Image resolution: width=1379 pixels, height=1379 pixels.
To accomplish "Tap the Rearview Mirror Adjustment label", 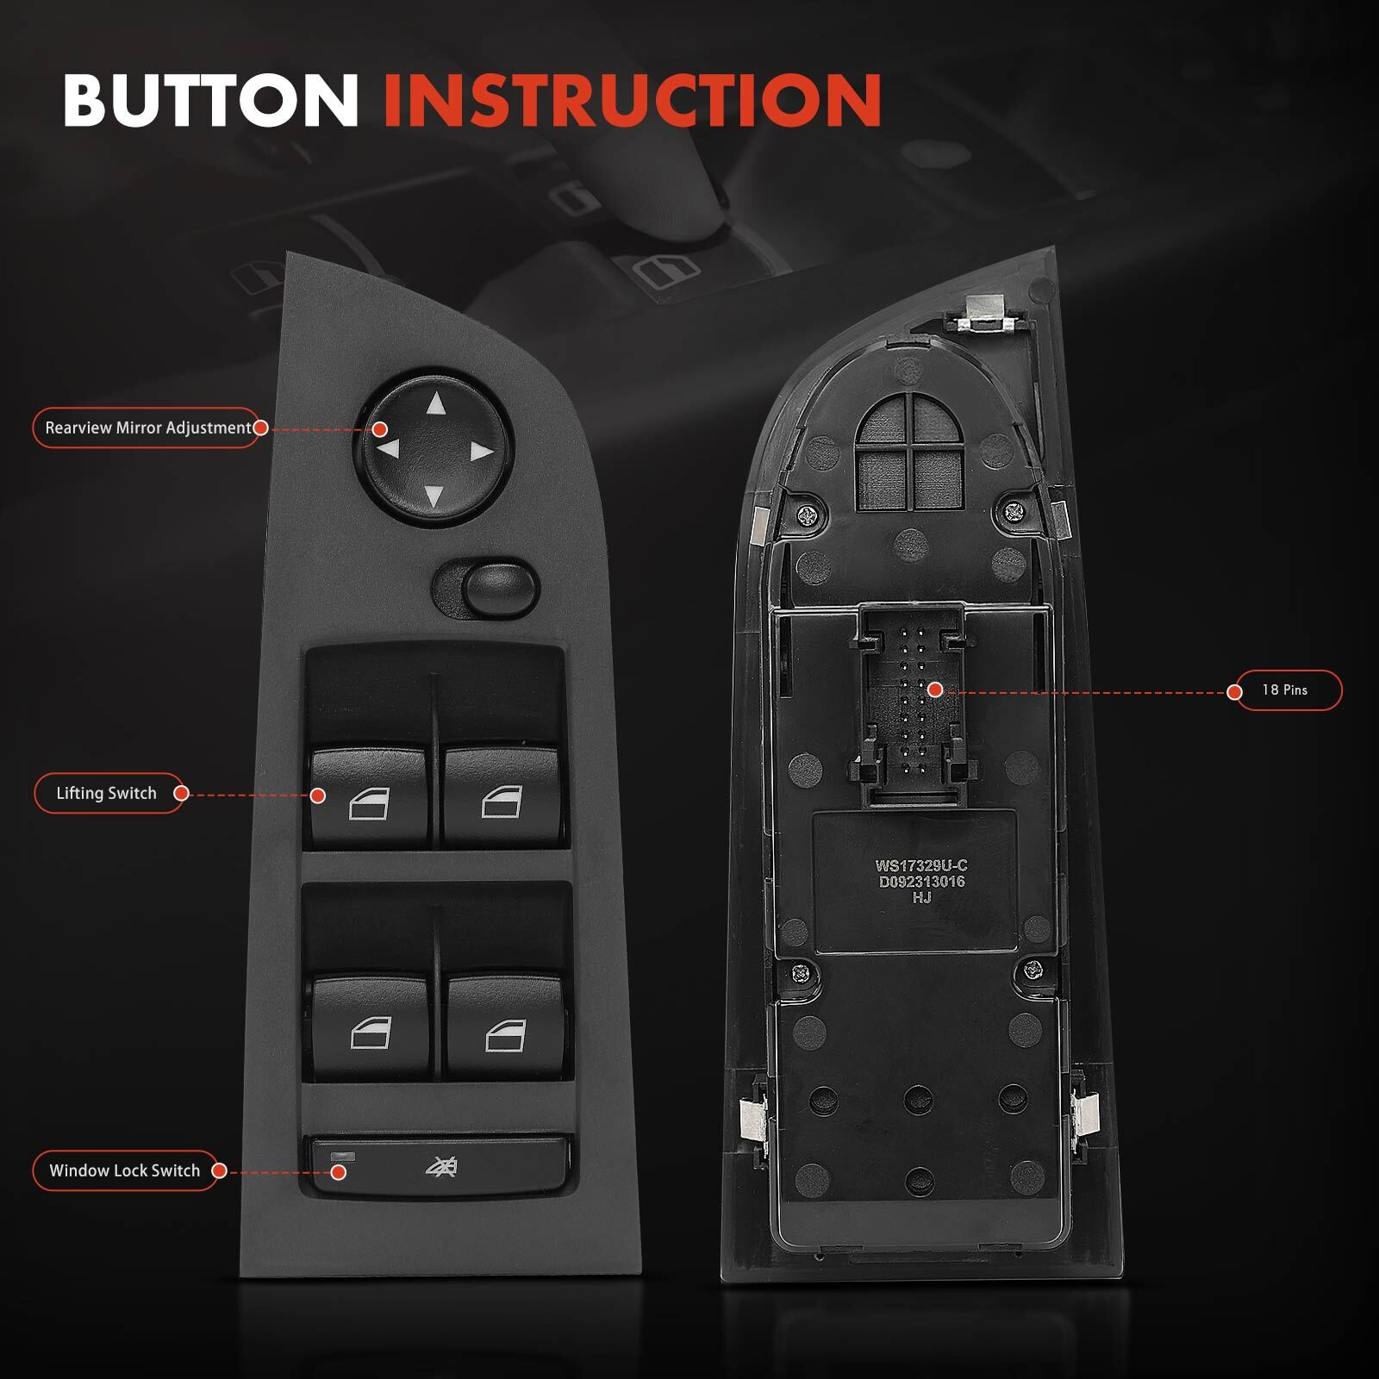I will pos(147,427).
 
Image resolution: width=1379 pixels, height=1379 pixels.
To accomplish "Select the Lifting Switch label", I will pos(106,793).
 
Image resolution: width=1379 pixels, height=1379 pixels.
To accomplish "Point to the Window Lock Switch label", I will pos(124,1170).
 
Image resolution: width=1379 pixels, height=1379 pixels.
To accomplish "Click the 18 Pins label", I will pos(1284,690).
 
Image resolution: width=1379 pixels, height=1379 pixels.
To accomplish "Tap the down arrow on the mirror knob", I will pos(434,495).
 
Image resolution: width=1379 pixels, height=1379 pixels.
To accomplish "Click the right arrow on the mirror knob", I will pos(481,452).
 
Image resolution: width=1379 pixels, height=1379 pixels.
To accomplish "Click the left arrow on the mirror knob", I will pos(389,448).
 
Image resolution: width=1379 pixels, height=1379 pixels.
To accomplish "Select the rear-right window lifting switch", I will pos(504,1027).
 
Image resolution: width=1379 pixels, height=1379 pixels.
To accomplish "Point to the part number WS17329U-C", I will pos(920,866).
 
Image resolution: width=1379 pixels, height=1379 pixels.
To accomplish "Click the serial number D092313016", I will pos(921,882).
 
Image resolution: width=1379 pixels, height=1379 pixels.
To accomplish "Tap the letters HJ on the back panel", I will pos(921,897).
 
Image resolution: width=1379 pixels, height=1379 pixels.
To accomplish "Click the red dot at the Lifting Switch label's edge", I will pos(181,793).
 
